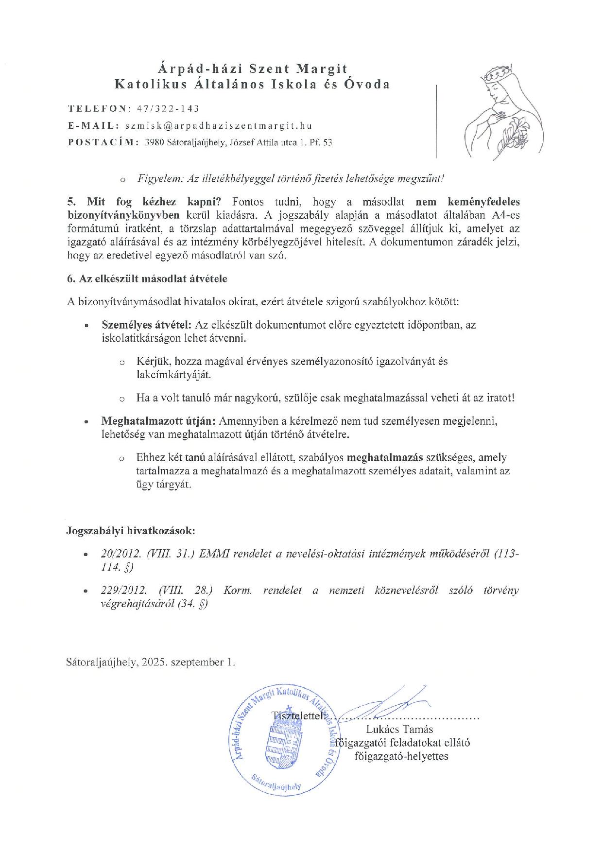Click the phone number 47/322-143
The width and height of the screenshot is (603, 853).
click(169, 108)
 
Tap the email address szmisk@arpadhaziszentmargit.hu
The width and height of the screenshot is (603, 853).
click(218, 125)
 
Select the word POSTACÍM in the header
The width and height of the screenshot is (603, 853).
click(103, 142)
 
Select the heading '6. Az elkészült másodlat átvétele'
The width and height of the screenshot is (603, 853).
click(147, 279)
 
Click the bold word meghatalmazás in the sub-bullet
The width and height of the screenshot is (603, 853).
click(385, 457)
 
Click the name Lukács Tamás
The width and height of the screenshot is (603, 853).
click(399, 729)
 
